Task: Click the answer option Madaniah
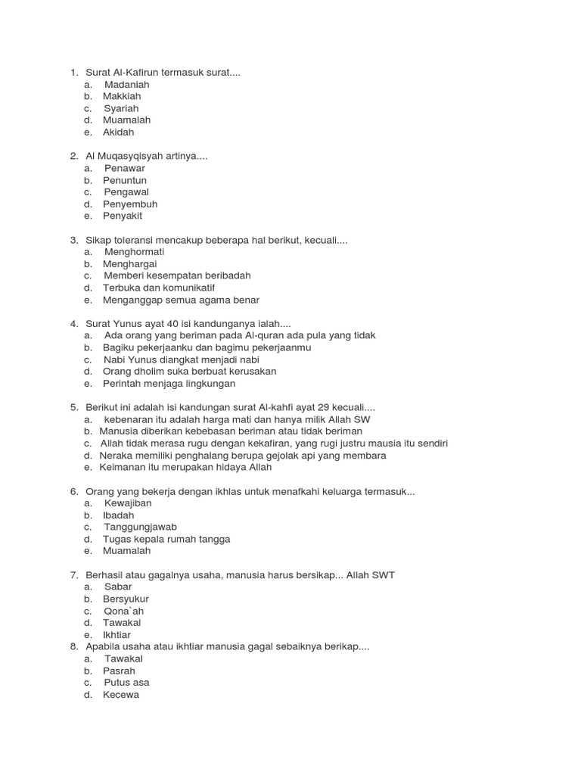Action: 127,84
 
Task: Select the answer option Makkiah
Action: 122,96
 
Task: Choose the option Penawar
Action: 125,168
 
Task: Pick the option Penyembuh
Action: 130,204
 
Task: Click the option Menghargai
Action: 129,263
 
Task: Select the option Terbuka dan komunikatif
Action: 159,288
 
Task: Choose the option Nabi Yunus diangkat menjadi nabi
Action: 187,359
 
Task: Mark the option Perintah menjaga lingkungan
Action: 169,383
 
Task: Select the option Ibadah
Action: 119,515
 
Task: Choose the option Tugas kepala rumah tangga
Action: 166,539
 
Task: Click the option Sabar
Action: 118,587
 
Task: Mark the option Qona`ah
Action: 123,611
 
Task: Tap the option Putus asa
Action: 127,683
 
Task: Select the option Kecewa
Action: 121,695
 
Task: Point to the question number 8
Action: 73,647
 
